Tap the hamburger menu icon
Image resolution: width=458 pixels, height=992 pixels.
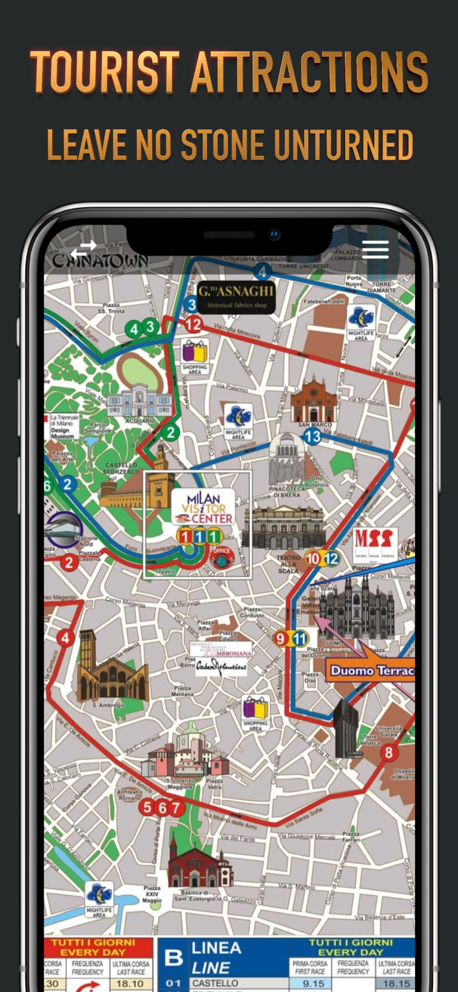click(375, 249)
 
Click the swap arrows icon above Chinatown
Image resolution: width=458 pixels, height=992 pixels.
click(84, 249)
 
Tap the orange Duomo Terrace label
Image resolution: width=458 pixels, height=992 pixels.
click(371, 671)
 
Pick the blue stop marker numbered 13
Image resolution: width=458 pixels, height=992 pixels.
click(312, 436)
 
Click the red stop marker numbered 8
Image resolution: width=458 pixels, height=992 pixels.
click(389, 752)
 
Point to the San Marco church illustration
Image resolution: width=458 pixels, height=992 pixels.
click(313, 401)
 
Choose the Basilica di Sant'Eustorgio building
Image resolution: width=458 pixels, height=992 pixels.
click(199, 866)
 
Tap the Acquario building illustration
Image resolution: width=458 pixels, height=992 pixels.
click(139, 401)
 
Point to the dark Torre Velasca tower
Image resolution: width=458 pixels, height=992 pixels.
click(346, 728)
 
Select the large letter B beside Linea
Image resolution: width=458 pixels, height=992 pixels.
click(173, 958)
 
